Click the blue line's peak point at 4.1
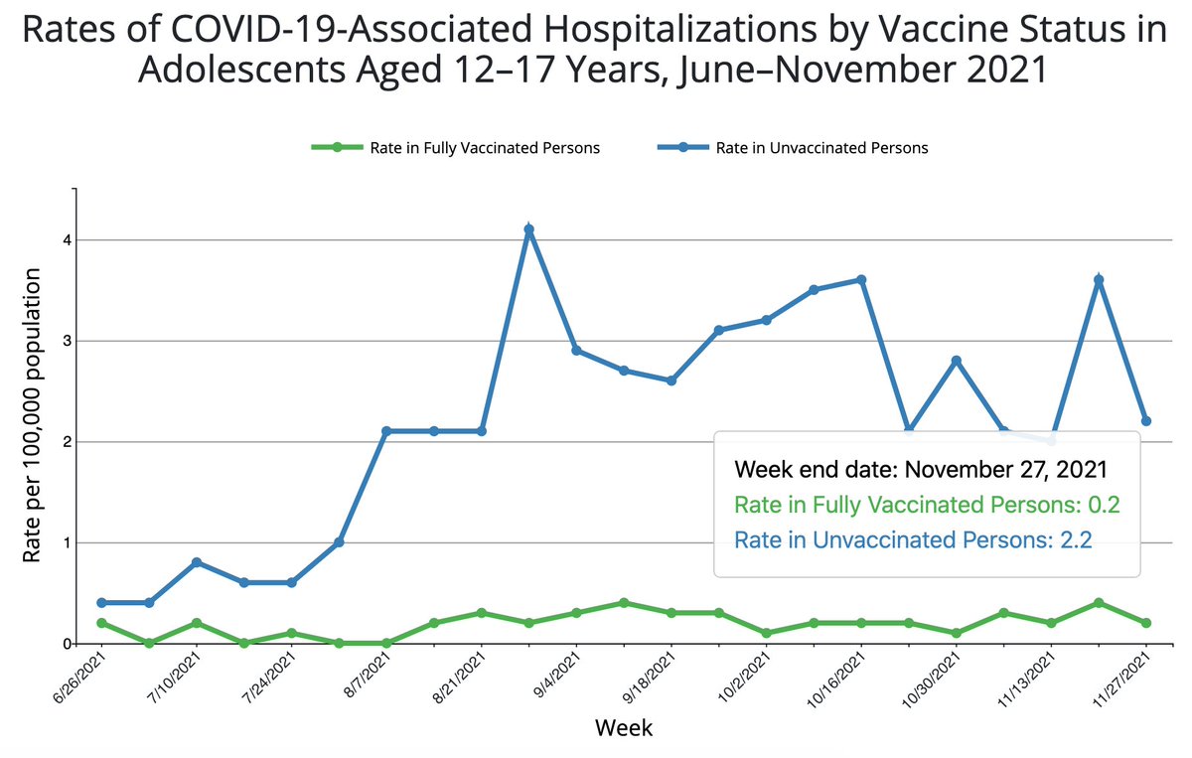point(529,229)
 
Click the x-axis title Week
point(624,728)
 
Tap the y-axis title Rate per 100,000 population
point(33,417)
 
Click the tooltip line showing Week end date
point(920,469)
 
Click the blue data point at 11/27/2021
point(1147,421)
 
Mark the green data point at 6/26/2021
point(101,623)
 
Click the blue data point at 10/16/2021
point(861,280)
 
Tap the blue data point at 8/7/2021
point(386,431)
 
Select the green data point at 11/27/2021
point(1147,623)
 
